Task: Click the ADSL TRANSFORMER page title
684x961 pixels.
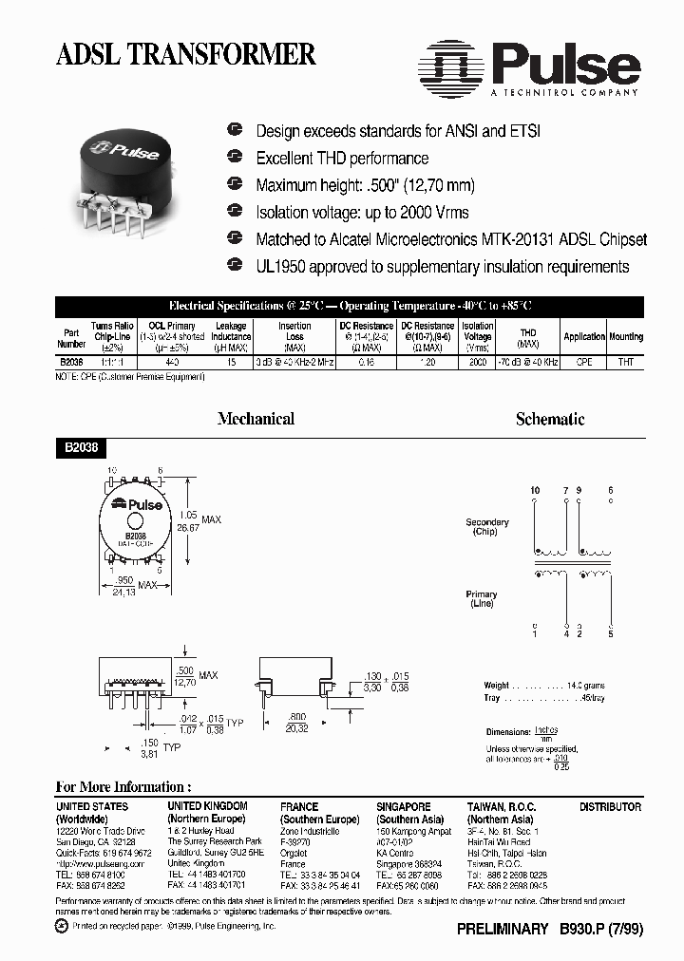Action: pyautogui.click(x=185, y=55)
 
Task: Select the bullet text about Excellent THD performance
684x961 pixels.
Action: pyautogui.click(x=342, y=158)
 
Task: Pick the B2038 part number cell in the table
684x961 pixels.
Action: pyautogui.click(x=71, y=363)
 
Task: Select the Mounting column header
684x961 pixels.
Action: pyautogui.click(x=626, y=336)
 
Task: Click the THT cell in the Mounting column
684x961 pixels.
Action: pyautogui.click(x=626, y=363)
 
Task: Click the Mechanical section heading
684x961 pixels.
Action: pyautogui.click(x=256, y=419)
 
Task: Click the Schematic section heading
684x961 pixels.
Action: pyautogui.click(x=549, y=419)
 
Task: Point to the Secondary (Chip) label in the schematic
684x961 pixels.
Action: pyautogui.click(x=486, y=527)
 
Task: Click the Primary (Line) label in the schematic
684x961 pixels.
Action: pyautogui.click(x=482, y=599)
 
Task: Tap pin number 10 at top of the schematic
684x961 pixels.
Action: pyautogui.click(x=535, y=490)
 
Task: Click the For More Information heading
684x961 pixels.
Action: pyautogui.click(x=123, y=786)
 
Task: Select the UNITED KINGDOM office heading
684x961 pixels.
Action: pyautogui.click(x=207, y=806)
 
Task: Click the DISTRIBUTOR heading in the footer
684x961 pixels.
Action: pyautogui.click(x=610, y=806)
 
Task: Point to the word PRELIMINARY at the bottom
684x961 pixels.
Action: pyautogui.click(x=503, y=930)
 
